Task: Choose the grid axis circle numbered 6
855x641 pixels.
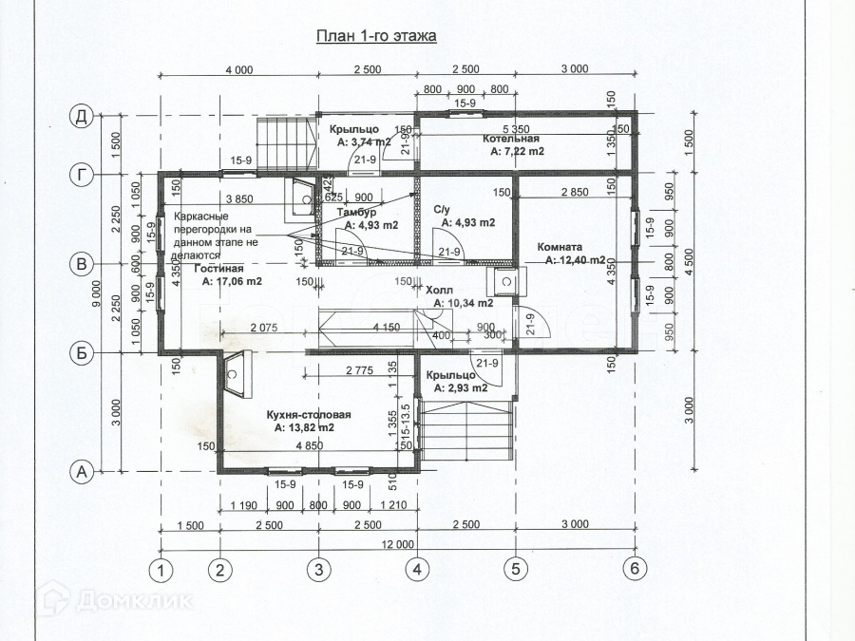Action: click(635, 570)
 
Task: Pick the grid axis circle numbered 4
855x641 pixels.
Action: click(417, 570)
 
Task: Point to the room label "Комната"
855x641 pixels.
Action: click(560, 247)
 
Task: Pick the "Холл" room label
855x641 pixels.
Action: click(439, 291)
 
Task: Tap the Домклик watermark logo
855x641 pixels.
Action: click(114, 598)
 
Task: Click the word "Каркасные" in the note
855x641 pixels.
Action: click(200, 217)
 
